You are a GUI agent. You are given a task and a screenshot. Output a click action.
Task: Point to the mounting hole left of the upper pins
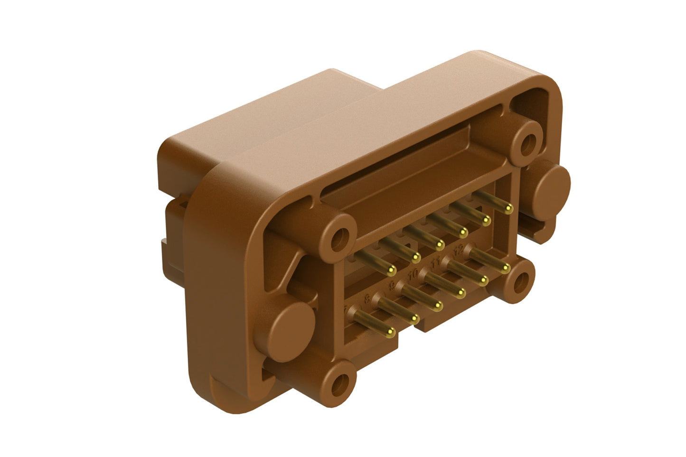[338, 239]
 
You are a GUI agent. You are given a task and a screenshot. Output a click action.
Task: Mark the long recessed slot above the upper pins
[408, 161]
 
